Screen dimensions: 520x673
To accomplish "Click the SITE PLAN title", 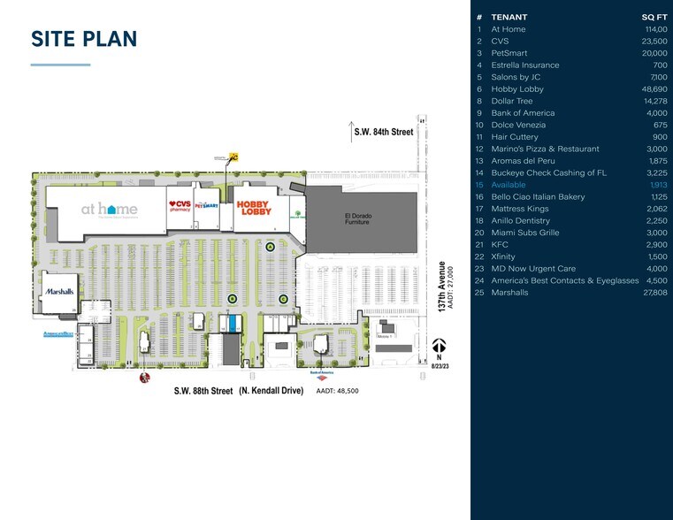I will click(84, 39).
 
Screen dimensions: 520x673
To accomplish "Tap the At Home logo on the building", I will click(109, 210).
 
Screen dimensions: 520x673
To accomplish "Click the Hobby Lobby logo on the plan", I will click(252, 209).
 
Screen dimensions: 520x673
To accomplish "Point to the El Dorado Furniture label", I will click(356, 219).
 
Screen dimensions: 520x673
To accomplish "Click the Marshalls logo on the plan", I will click(59, 290).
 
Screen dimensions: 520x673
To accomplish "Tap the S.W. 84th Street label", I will click(384, 133).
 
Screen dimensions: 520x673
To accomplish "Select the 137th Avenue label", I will click(441, 286).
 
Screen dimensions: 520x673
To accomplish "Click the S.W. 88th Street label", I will click(203, 390).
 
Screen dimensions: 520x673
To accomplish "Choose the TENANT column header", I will click(509, 17).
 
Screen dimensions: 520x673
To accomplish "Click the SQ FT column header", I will click(654, 17).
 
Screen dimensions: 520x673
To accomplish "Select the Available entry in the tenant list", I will click(508, 185).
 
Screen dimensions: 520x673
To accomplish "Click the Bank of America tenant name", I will click(523, 113).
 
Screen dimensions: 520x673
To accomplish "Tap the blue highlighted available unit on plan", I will click(231, 323).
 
